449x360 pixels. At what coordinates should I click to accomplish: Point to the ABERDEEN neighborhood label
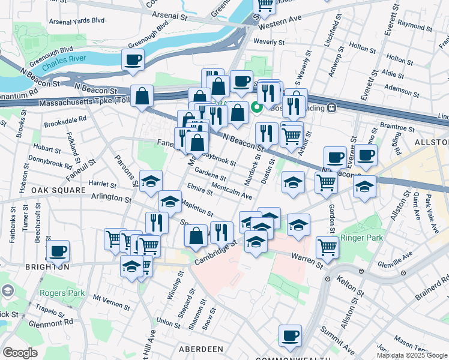pos(200,349)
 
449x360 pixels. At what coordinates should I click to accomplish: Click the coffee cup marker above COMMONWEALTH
pos(290,335)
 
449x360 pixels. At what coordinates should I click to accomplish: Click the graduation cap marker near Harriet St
pos(151,181)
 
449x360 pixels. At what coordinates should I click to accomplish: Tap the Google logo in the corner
pos(20,353)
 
